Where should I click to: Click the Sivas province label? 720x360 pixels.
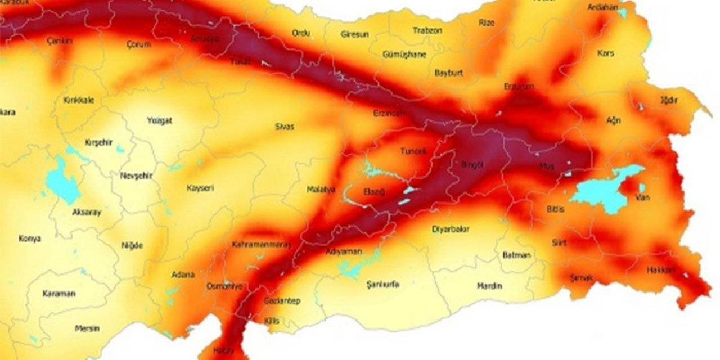[x=284, y=127]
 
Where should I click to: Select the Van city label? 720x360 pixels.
[x=642, y=197]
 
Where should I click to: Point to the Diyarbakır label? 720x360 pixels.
[x=450, y=229]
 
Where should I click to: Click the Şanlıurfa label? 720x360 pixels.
[x=382, y=284]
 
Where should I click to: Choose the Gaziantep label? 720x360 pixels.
[x=282, y=301]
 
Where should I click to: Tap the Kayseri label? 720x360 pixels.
[x=200, y=188]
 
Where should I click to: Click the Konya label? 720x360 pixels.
[x=29, y=238]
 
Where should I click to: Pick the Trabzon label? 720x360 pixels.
[x=427, y=30]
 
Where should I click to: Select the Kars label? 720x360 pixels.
[x=606, y=53]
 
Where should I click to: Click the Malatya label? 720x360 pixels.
[x=321, y=190]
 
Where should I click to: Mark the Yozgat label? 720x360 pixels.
[x=159, y=120]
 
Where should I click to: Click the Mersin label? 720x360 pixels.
[x=87, y=328]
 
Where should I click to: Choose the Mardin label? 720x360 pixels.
[x=489, y=286]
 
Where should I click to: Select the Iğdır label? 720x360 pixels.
[x=669, y=100]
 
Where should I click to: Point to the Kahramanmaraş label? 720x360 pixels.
[x=261, y=245]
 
